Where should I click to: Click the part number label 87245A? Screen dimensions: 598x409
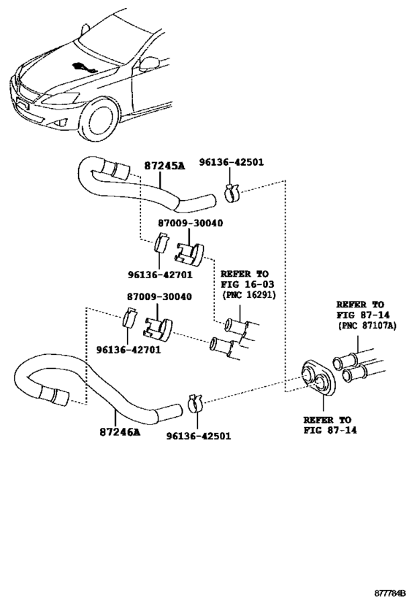164,166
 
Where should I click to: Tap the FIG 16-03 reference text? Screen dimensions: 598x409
245,284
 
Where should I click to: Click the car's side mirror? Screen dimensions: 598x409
150,63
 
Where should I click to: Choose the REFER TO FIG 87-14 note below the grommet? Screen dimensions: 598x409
327,426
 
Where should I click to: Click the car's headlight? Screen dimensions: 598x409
61,98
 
